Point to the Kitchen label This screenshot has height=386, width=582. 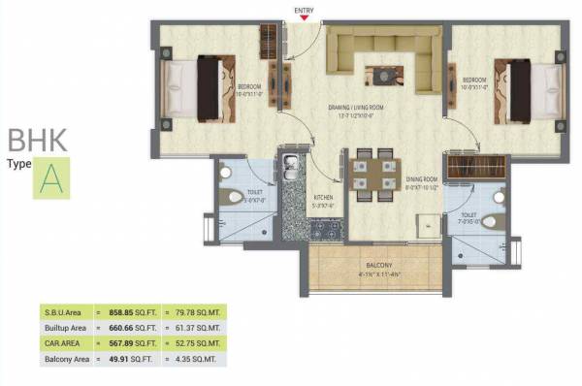coord(323,200)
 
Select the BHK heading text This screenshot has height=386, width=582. coord(37,140)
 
